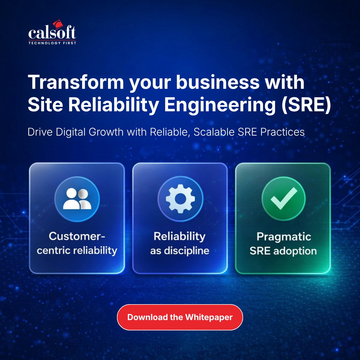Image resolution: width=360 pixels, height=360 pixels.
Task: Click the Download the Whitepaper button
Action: [x=180, y=317]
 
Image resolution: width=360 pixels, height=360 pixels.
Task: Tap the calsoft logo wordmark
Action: [x=52, y=33]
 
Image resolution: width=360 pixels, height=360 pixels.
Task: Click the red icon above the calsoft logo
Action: [x=57, y=24]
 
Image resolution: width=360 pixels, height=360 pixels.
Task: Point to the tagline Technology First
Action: [x=52, y=43]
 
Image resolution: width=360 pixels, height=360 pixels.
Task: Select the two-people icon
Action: [x=77, y=199]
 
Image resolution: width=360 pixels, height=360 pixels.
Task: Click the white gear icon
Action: [x=180, y=199]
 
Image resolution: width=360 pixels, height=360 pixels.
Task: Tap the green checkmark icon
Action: [x=283, y=199]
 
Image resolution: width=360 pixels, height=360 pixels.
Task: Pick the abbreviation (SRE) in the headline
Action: [x=306, y=105]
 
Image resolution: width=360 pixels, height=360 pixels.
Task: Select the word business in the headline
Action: [x=217, y=82]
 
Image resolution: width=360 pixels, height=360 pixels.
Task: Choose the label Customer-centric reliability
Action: [x=77, y=243]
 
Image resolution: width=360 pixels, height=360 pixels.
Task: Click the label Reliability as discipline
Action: [x=180, y=243]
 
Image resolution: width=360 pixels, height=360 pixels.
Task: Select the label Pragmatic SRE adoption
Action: [x=283, y=244]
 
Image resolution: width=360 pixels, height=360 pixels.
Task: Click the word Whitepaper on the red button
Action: [x=209, y=317]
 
